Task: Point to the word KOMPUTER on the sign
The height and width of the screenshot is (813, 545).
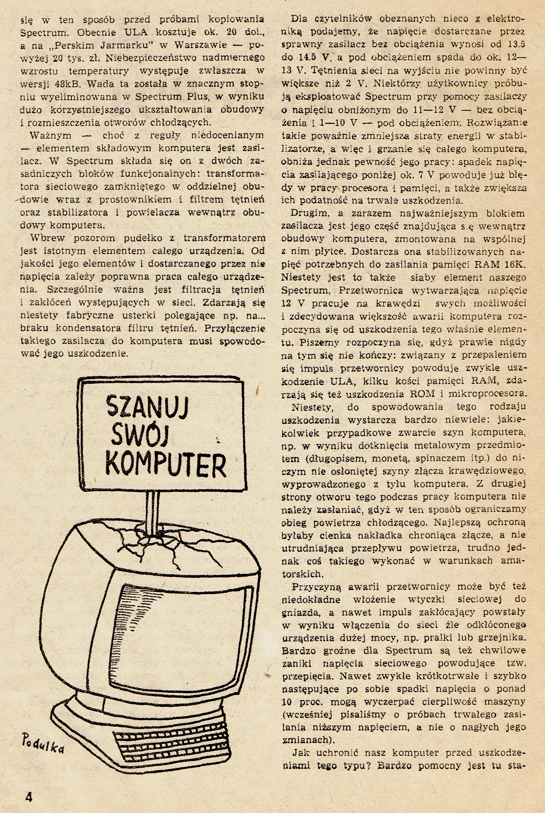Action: (166, 464)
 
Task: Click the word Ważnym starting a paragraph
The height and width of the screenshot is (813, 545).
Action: (51, 135)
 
